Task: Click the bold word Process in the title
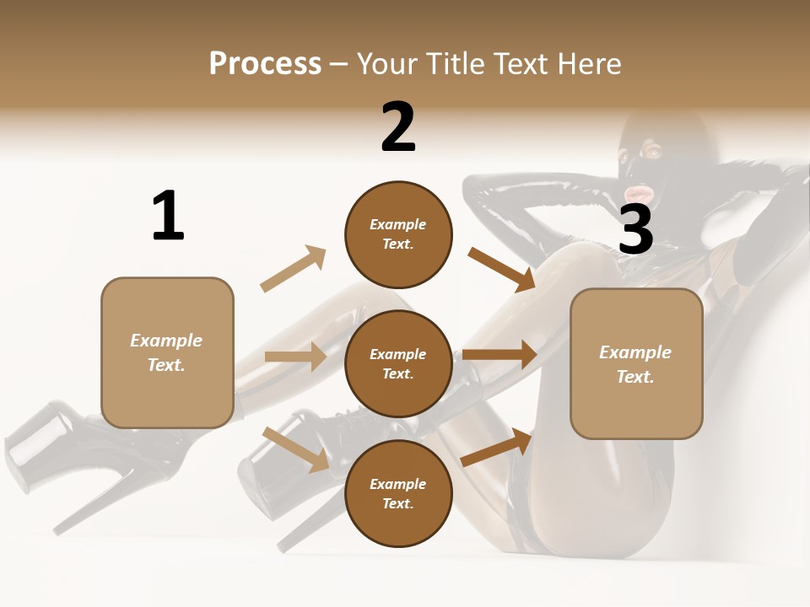265,64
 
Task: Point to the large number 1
168,217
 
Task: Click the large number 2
398,127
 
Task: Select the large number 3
635,229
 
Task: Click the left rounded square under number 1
167,352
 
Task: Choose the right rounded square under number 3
636,363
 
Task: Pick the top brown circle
398,234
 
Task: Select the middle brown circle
398,363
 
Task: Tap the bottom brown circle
398,493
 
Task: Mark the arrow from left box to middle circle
295,357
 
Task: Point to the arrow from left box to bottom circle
295,449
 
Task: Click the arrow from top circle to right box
501,269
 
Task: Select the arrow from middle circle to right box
499,355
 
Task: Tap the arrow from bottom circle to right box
497,447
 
